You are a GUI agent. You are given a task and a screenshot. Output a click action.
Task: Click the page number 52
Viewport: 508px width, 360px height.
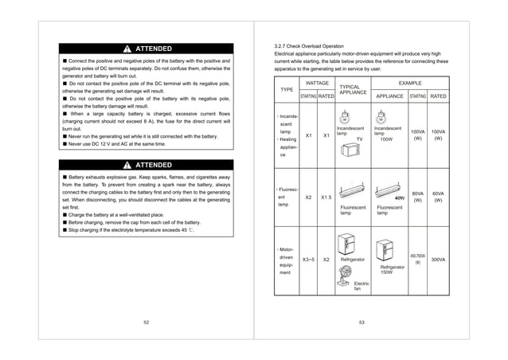pos(146,321)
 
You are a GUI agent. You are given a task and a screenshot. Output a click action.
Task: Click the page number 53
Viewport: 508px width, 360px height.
pos(361,321)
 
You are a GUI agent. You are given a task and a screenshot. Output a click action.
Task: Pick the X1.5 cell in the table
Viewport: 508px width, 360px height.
pos(326,196)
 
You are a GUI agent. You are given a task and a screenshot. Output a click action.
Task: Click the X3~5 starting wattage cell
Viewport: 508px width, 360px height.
pos(307,260)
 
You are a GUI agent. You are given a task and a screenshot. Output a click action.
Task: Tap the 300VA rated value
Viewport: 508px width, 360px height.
pos(438,260)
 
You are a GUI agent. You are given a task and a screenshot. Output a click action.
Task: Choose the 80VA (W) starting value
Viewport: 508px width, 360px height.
pos(416,196)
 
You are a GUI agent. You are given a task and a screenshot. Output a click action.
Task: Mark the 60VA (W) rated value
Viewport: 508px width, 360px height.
pos(438,196)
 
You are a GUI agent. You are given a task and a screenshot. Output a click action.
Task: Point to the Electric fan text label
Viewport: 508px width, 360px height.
pos(361,285)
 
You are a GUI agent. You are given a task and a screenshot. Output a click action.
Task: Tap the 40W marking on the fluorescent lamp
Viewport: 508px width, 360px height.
pos(400,197)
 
